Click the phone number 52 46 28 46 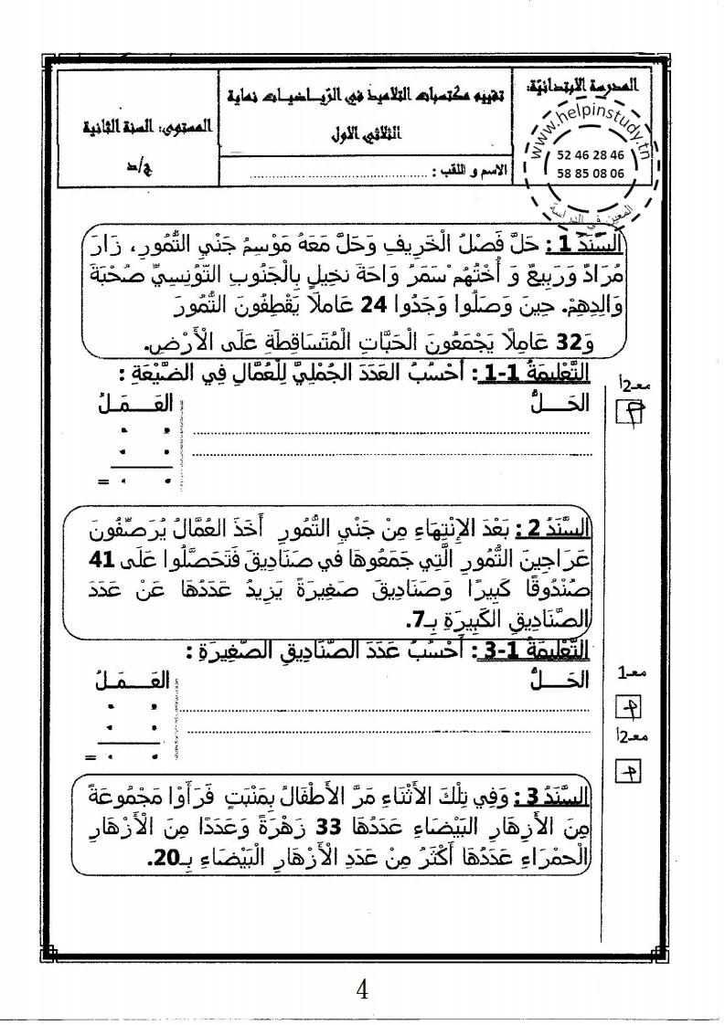pyautogui.click(x=592, y=155)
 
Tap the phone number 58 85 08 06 pyautogui.click(x=592, y=172)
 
